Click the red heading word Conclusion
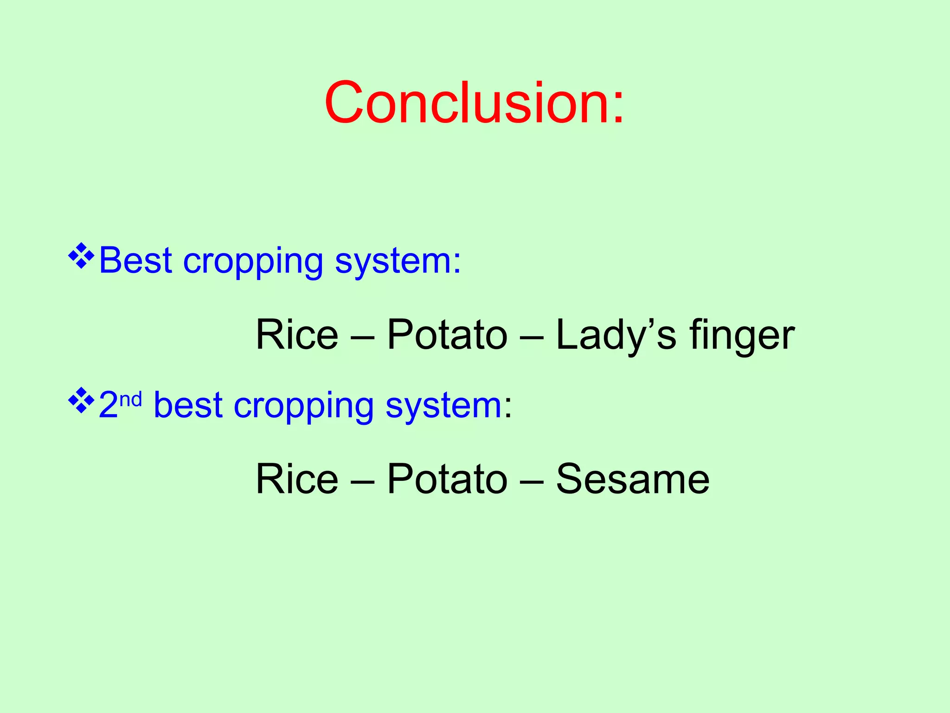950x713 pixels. tap(466, 103)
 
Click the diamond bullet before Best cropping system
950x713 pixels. tap(81, 256)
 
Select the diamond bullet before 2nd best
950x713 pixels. tap(81, 400)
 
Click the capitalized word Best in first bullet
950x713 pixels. tap(135, 261)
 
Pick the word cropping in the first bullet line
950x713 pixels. tap(253, 262)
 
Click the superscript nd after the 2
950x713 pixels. tap(130, 399)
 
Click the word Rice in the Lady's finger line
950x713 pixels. tap(297, 335)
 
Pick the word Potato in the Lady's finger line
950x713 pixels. tap(447, 335)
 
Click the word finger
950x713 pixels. tap(742, 336)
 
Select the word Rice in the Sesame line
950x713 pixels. tap(297, 479)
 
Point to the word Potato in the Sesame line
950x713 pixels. tap(447, 479)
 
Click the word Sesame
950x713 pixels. tap(633, 479)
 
